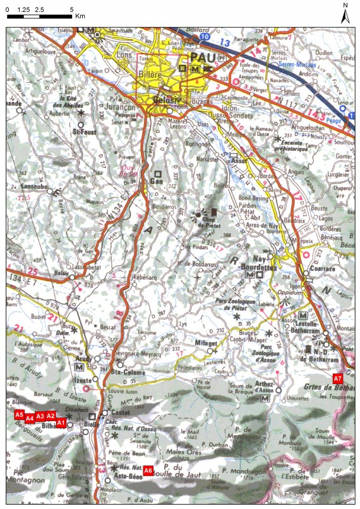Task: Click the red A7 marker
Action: [x=338, y=378]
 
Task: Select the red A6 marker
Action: [x=148, y=470]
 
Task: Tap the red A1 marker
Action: [x=61, y=422]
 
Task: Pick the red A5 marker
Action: [x=20, y=415]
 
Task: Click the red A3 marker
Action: [x=40, y=416]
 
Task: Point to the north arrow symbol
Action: [x=345, y=14]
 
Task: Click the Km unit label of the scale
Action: [x=80, y=17]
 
